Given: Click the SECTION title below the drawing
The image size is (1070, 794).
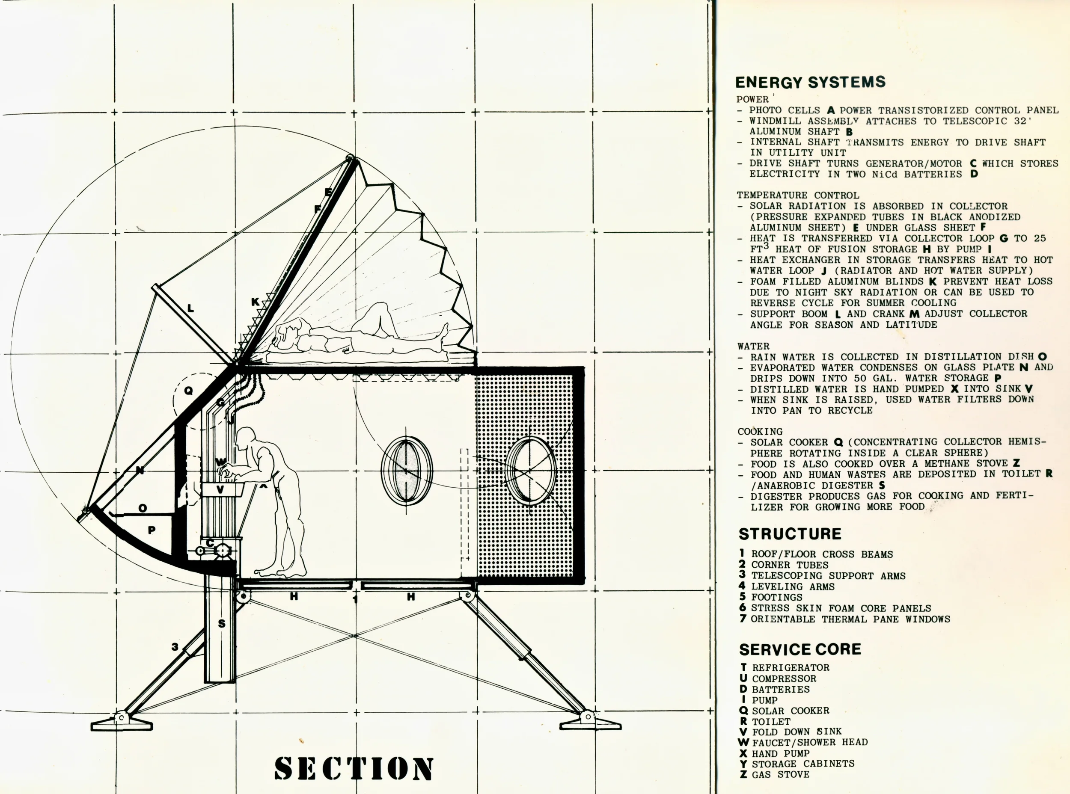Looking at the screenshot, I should click(x=354, y=767).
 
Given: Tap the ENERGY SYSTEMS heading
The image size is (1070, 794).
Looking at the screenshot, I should click(x=810, y=82).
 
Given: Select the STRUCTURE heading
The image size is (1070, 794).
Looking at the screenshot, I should click(x=790, y=534).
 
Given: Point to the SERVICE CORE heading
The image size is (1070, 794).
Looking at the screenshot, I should click(x=800, y=649).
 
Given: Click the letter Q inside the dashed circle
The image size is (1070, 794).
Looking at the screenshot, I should click(x=188, y=391).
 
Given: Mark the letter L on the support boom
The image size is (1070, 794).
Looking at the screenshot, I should click(x=190, y=308).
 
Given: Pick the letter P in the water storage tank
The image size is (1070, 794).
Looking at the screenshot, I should click(x=152, y=530).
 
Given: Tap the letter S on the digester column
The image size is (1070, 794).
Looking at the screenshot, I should click(x=221, y=624).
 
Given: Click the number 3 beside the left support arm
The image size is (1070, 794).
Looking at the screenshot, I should click(x=175, y=647).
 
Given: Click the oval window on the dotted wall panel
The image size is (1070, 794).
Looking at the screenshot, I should click(x=531, y=470).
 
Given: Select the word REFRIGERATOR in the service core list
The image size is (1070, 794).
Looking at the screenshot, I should click(x=791, y=668).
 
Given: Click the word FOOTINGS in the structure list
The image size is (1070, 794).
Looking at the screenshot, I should click(x=777, y=597).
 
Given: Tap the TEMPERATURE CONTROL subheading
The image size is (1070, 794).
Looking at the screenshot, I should click(x=798, y=195).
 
